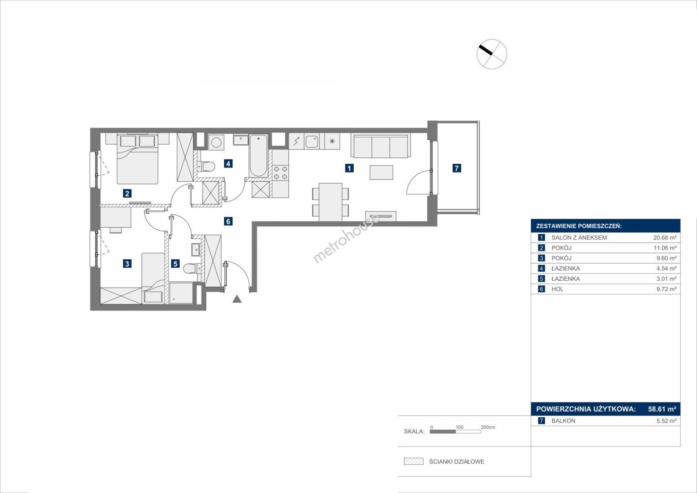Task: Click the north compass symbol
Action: coord(492,54)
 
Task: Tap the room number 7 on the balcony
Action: coord(456,168)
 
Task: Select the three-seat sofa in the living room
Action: coord(381,146)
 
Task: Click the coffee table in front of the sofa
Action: coord(381,173)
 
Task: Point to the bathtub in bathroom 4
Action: coord(258,156)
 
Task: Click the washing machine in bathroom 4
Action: coord(216,142)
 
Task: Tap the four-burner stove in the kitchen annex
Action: coord(280,173)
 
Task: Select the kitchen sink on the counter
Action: coord(311,142)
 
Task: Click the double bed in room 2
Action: coord(137,159)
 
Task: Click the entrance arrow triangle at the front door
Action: coord(237,299)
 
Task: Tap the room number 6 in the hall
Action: coord(228,221)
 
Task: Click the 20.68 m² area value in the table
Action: coord(665,237)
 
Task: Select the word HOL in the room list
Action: coord(557,289)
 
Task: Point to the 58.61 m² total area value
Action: coord(662,409)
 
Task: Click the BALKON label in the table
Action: coord(563,421)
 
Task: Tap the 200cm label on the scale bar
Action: coord(488,427)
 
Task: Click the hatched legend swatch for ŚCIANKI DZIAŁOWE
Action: coord(414,461)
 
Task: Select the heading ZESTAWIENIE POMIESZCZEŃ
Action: coord(579,226)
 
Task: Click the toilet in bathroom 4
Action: coord(206,166)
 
